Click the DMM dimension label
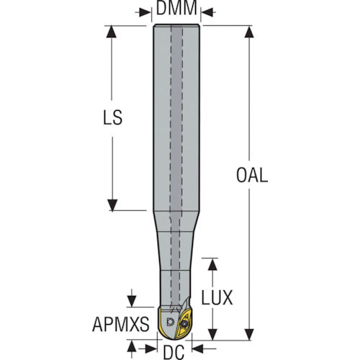point(176,8)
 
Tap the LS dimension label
point(112,117)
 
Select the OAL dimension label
point(252,175)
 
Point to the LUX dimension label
point(217,297)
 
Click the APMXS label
point(121,324)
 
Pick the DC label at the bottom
point(174,352)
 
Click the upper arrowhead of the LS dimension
point(112,32)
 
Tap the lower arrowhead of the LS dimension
point(112,205)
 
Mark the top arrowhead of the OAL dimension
point(249,32)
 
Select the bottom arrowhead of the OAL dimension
point(249,334)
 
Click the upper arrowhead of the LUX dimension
point(212,264)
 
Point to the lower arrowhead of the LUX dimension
point(212,334)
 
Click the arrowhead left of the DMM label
point(145,12)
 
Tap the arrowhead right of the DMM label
point(207,12)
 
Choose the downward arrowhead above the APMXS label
point(132,301)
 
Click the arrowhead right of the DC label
point(197,348)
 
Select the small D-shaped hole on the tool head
point(170,321)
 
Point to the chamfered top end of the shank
point(176,25)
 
